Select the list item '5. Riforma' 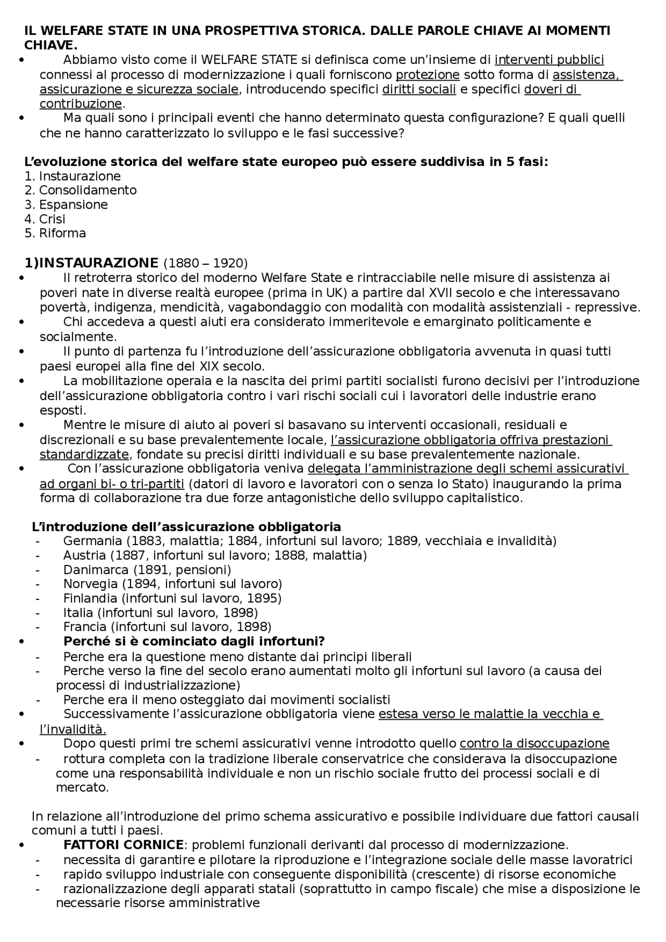pos(55,233)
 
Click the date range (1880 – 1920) pos(206,263)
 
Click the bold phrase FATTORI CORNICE pos(123,844)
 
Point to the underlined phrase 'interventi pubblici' pos(549,60)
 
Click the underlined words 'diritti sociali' pos(419,89)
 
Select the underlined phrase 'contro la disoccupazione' pos(534,744)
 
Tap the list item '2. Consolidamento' pos(81,190)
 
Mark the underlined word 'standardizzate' pos(84,455)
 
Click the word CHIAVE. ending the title pos(50,45)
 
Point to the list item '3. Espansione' pos(66,204)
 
